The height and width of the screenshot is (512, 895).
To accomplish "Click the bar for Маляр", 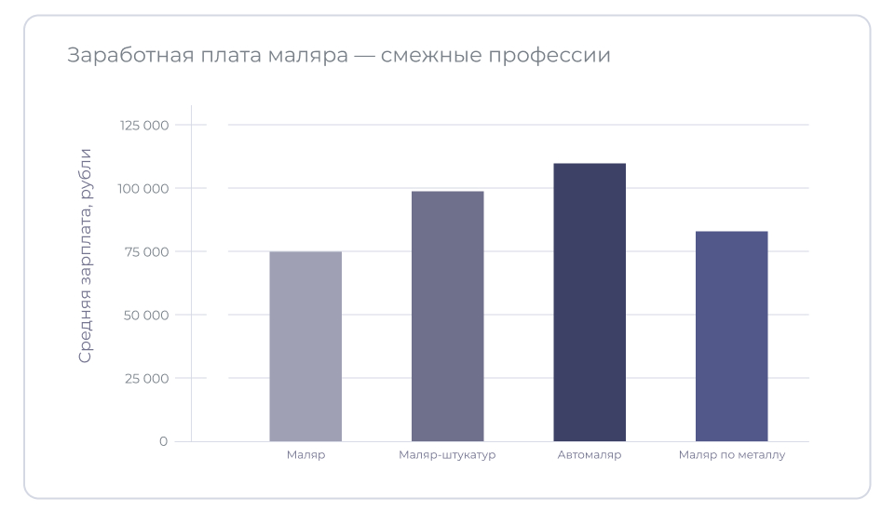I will coord(305,346).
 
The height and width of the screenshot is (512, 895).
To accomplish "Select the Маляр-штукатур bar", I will coord(447,317).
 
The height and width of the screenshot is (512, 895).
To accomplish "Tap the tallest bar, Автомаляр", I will coord(590,303).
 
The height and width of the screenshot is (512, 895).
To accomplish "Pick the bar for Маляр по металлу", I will coord(731,336).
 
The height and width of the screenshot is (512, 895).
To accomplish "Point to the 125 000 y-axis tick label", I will coord(144,126).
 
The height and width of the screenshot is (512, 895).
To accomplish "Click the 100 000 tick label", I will coord(144,189).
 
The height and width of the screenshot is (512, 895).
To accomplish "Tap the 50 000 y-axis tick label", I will coord(145,316).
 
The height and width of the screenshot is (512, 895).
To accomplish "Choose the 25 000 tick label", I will coord(145,379).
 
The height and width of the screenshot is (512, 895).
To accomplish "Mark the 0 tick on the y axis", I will coord(163,441).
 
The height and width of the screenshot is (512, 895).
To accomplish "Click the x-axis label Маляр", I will coord(305,455).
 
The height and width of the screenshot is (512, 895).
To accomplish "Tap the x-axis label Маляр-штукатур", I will coord(447,455).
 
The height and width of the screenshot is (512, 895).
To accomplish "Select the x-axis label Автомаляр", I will coord(590,455).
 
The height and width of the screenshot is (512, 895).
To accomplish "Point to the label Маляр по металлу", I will coord(732,455).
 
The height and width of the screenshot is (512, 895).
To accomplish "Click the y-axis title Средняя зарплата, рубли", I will coord(86,255).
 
